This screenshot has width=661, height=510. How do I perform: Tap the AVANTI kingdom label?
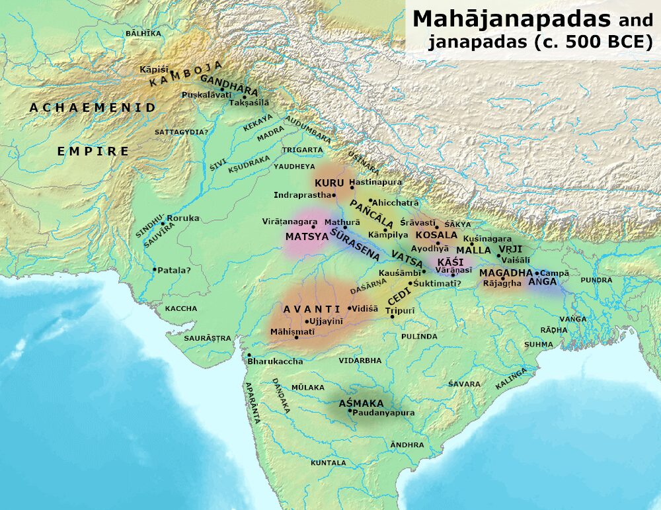(303, 310)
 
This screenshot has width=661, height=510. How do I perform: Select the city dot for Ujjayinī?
(307, 322)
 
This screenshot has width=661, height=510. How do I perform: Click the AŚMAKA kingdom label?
(361, 403)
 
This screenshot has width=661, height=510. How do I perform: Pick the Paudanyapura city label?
(384, 413)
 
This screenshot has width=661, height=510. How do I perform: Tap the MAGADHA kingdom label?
(506, 273)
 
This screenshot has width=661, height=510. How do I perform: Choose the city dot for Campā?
(537, 273)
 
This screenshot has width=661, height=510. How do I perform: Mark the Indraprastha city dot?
(335, 195)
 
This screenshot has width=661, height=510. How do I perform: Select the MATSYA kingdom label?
(307, 235)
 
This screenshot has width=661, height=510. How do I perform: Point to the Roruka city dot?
(163, 223)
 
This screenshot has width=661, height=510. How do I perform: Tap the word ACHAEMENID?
(93, 107)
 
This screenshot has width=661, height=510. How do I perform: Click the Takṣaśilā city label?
(249, 104)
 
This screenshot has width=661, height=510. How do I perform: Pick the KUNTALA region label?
(329, 462)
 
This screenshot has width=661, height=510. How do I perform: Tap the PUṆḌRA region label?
(596, 280)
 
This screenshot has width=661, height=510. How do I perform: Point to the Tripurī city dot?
(393, 317)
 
